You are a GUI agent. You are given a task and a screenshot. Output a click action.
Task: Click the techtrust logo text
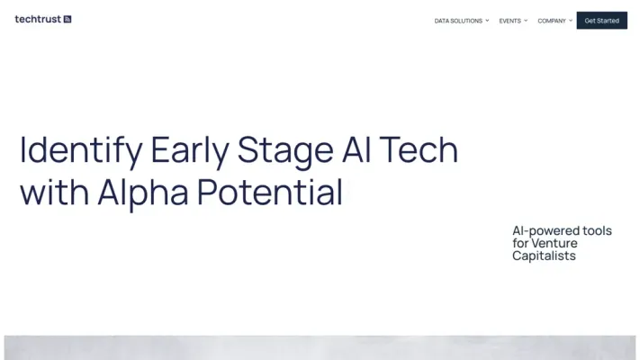pyautogui.click(x=38, y=19)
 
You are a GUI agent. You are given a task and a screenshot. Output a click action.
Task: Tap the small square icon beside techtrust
pyautogui.click(x=68, y=19)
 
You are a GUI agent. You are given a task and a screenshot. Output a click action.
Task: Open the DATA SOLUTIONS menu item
pyautogui.click(x=458, y=21)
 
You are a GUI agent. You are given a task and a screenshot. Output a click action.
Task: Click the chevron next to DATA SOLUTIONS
pyautogui.click(x=488, y=20)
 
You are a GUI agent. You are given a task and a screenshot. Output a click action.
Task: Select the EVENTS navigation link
pyautogui.click(x=509, y=21)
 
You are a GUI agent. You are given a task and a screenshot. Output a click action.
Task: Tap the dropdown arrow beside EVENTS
pyautogui.click(x=527, y=20)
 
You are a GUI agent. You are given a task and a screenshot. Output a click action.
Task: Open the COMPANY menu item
pyautogui.click(x=552, y=21)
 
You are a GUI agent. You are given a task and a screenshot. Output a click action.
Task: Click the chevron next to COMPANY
pyautogui.click(x=571, y=20)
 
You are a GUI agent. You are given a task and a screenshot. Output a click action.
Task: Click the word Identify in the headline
pyautogui.click(x=80, y=150)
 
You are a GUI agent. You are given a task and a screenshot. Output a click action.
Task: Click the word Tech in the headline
pyautogui.click(x=424, y=149)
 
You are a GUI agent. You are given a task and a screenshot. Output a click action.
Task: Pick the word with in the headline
pyautogui.click(x=54, y=192)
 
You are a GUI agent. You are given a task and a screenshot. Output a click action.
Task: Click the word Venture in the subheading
pyautogui.click(x=554, y=243)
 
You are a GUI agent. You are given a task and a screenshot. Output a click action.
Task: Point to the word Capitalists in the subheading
pyautogui.click(x=544, y=256)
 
